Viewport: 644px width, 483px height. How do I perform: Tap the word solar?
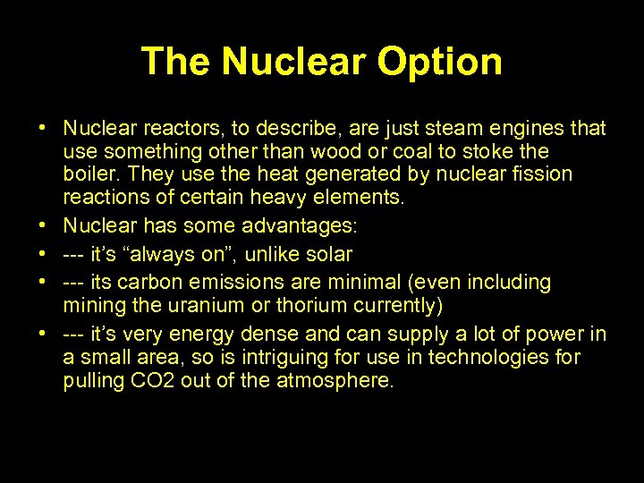click(326, 255)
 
